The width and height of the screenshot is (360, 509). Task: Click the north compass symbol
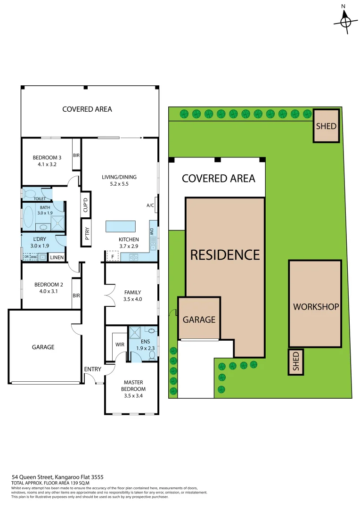(346, 21)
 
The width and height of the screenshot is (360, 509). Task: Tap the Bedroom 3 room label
(47, 157)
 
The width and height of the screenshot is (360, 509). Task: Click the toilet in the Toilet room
(30, 193)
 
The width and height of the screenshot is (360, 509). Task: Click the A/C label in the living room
(150, 205)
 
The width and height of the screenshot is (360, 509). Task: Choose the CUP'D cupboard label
(86, 206)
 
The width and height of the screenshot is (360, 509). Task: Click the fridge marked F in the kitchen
(112, 256)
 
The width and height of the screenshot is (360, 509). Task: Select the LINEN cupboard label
(57, 257)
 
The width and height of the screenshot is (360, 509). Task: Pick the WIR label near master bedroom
(120, 345)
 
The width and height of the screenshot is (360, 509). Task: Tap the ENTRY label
(92, 369)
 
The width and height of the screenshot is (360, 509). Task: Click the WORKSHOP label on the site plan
(316, 307)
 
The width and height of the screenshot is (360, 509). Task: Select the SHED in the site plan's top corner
(326, 126)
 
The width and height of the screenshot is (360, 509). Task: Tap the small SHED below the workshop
(295, 362)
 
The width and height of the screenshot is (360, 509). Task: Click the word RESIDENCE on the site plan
(225, 255)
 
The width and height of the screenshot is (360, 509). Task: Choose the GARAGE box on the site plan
(199, 319)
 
